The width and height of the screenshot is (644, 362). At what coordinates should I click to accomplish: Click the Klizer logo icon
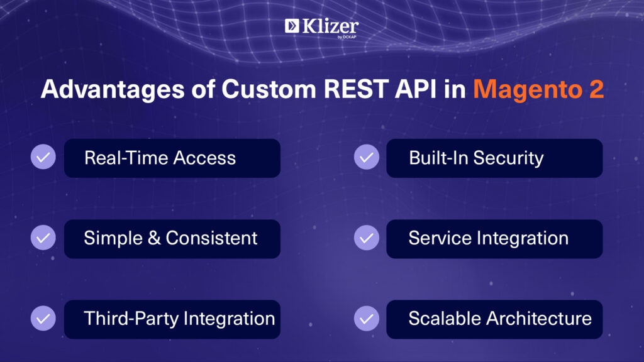(292, 26)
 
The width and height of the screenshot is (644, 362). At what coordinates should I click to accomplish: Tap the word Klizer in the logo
(331, 26)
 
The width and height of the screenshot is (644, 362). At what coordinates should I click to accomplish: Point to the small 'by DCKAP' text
(347, 37)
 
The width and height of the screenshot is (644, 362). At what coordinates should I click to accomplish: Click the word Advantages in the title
(113, 90)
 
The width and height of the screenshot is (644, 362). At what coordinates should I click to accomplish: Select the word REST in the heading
(356, 89)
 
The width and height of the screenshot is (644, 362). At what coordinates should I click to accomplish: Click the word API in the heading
(416, 89)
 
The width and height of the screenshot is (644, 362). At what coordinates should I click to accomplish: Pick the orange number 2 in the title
(597, 89)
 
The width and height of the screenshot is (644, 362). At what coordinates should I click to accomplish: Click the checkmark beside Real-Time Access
(43, 156)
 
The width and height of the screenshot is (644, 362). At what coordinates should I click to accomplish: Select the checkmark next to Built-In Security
(367, 156)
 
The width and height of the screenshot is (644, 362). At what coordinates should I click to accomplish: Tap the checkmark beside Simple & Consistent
(43, 238)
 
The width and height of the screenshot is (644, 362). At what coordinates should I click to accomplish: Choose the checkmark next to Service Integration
(367, 238)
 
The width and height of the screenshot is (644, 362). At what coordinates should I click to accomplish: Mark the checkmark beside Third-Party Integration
(43, 318)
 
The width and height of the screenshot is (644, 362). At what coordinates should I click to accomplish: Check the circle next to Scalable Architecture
(367, 318)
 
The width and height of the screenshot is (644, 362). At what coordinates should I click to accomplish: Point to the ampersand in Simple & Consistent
(154, 238)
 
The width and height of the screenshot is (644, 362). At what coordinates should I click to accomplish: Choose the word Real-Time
(126, 158)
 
